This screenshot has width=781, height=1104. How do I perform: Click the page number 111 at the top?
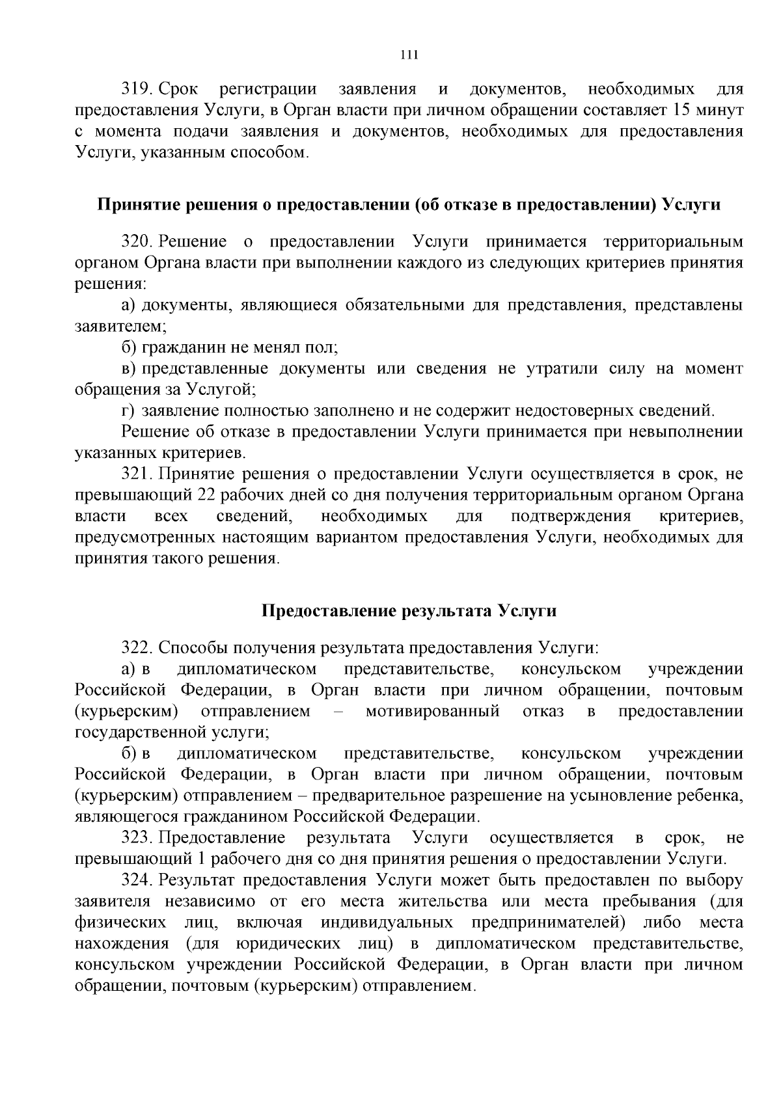[409, 55]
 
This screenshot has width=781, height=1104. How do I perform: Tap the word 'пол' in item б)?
[323, 347]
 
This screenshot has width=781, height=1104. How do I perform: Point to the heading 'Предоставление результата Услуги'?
[409, 611]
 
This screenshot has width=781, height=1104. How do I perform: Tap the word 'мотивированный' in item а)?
[432, 711]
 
